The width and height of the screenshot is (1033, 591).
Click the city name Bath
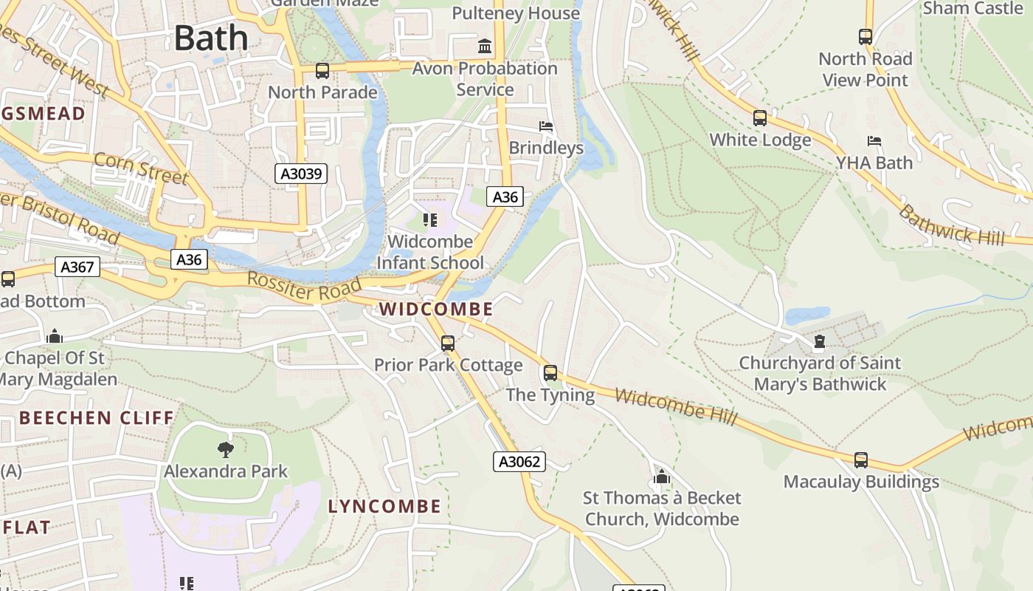[211, 38]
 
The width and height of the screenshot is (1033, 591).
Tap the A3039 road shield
[301, 174]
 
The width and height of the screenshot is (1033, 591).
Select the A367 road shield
[77, 267]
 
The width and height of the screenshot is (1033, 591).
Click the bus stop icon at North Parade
[322, 71]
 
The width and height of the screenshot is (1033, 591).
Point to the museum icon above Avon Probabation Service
[485, 47]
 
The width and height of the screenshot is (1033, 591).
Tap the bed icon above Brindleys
[546, 126]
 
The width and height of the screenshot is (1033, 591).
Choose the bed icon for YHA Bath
[874, 141]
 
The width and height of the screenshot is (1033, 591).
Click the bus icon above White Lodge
[760, 118]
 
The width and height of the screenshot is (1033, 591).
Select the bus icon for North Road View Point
[866, 37]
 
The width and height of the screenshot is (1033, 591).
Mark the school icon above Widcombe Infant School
[430, 219]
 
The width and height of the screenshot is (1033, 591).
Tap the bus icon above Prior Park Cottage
[448, 344]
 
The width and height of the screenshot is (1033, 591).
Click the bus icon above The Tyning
[550, 373]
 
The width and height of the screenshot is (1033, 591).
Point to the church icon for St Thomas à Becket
[662, 476]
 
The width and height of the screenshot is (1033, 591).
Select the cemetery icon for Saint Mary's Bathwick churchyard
[819, 341]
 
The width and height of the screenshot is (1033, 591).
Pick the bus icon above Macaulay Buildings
[861, 460]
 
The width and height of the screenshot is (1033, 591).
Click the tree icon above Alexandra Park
[226, 449]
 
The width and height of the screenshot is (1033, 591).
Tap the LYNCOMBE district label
[384, 507]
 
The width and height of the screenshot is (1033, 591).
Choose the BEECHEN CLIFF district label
[97, 418]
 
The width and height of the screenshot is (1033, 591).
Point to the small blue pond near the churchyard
[807, 316]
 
